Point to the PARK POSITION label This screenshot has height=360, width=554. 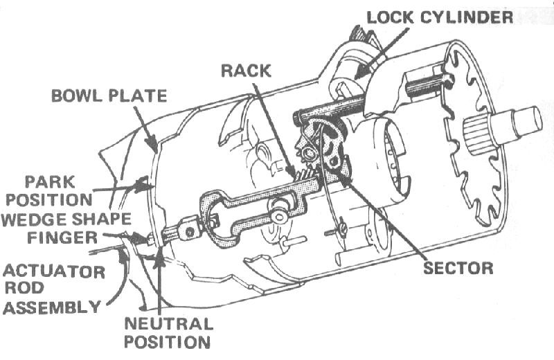(x=55, y=190)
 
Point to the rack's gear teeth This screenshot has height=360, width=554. (x=305, y=178)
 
